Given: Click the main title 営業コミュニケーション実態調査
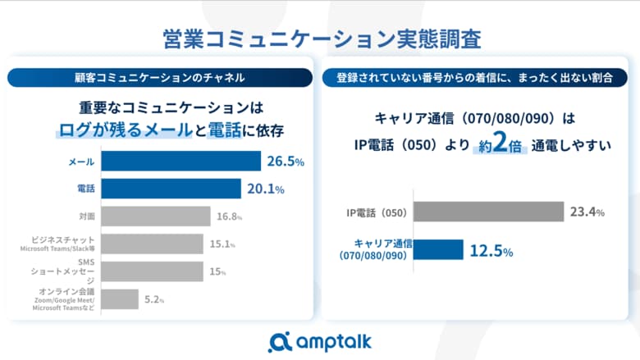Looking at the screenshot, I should click(320, 39).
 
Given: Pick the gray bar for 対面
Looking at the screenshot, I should click(157, 216).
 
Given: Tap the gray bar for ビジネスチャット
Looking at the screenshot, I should click(153, 244).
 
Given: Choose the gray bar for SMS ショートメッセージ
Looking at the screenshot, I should click(153, 271).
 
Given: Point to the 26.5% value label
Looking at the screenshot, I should click(285, 162).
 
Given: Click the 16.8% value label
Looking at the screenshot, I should click(231, 216).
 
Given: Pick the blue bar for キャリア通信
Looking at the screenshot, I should click(439, 250).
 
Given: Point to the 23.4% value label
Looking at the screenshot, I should click(587, 212).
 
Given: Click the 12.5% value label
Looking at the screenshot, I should click(491, 251).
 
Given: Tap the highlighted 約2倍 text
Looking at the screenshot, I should click(499, 146).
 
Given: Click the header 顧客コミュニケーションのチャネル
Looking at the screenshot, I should click(159, 78).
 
